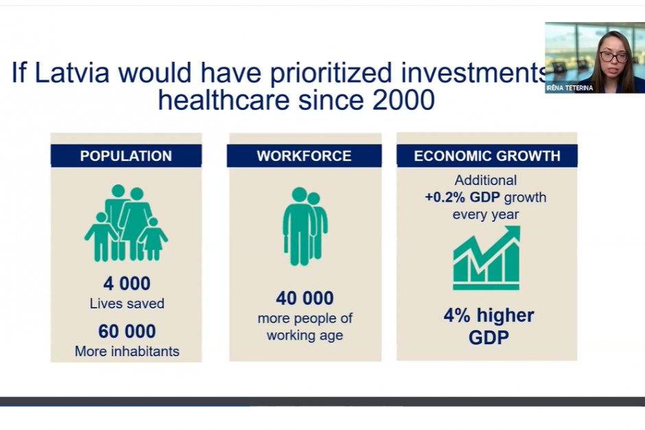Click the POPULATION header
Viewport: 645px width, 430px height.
[126, 156]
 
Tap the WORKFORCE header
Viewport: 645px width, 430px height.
[304, 156]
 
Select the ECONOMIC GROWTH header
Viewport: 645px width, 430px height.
[487, 156]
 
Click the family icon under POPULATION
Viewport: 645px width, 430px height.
[126, 223]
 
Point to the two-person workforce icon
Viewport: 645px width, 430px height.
[305, 226]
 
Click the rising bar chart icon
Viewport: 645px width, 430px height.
[486, 258]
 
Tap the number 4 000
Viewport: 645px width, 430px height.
[127, 284]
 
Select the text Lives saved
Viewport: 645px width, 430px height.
[127, 304]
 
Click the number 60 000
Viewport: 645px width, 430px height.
[127, 331]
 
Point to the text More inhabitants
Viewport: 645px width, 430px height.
[127, 351]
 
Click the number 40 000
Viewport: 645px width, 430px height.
[305, 298]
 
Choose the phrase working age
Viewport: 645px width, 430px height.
[305, 335]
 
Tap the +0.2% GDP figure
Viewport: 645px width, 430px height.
[462, 197]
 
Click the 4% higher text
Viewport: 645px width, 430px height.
[489, 315]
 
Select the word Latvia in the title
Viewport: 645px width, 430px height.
[73, 73]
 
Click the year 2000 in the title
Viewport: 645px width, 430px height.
[403, 100]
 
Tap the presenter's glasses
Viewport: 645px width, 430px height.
[613, 56]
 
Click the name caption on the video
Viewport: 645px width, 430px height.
[570, 88]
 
